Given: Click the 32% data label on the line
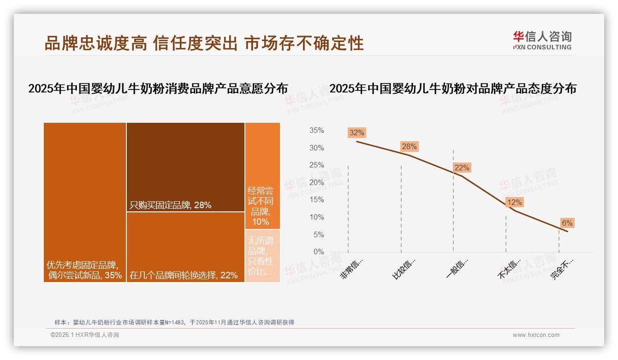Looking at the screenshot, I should click(x=357, y=133).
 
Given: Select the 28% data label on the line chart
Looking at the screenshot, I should click(x=409, y=147).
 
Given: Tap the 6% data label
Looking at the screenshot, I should click(x=567, y=223).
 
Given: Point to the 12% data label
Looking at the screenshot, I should click(x=514, y=203).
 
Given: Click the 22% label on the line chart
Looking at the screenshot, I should click(x=462, y=168).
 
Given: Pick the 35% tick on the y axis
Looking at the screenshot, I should click(x=316, y=131).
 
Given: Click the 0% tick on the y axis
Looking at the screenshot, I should click(x=319, y=252).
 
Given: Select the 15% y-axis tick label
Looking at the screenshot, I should click(x=316, y=200).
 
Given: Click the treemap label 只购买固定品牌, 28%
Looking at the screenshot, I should click(x=171, y=205).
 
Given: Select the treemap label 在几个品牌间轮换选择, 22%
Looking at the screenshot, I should click(x=184, y=276).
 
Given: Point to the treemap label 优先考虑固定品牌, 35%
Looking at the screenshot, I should click(x=84, y=270).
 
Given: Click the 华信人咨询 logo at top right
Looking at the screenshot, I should click(x=542, y=40).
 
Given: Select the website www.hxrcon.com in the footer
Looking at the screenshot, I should click(x=536, y=335).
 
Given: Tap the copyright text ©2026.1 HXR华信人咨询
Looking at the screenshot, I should click(x=85, y=335).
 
